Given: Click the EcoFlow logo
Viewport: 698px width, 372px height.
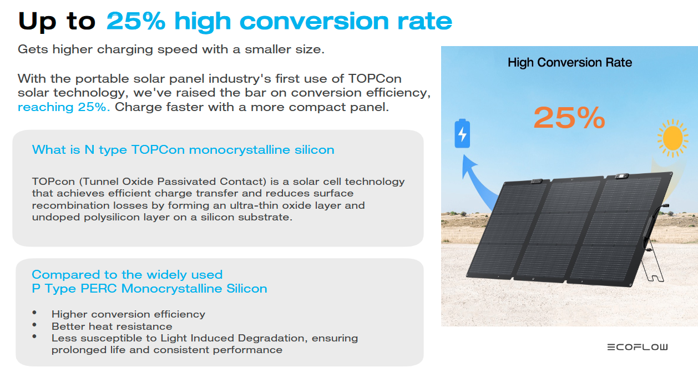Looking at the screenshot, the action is click(x=637, y=347).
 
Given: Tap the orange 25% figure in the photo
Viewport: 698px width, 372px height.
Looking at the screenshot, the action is click(x=569, y=118).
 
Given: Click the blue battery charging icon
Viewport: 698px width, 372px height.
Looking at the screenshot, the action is click(x=462, y=133).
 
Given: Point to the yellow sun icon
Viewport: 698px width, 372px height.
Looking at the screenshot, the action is click(x=672, y=138).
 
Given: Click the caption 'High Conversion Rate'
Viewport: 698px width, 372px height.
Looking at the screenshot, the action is click(x=570, y=62).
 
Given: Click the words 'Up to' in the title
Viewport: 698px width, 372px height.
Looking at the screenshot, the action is click(x=57, y=22).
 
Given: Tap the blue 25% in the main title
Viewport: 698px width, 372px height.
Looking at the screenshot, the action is click(x=135, y=21).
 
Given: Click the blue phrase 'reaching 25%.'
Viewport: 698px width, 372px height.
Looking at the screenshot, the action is click(x=64, y=107).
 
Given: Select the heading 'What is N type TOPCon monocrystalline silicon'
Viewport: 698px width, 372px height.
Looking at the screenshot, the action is click(x=183, y=150).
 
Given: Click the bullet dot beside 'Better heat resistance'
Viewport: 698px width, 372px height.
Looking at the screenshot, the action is click(x=34, y=325).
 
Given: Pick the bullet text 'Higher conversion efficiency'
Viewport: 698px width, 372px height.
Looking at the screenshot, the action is click(x=128, y=314).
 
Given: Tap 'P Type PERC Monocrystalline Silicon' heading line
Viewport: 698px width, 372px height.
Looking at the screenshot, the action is click(x=150, y=288).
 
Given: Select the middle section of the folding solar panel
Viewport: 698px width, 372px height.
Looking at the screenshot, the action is click(x=558, y=229).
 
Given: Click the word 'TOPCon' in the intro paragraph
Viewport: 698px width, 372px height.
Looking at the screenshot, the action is click(x=375, y=79).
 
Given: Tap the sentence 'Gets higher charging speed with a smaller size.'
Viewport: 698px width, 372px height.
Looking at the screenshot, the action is click(x=171, y=49).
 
